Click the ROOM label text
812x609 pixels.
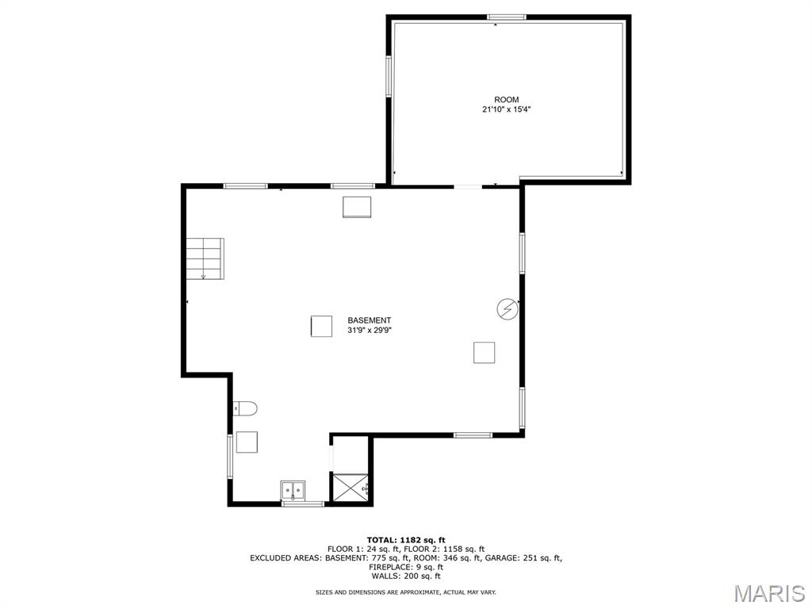pyautogui.click(x=507, y=100)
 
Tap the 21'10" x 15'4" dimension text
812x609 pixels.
pyautogui.click(x=507, y=110)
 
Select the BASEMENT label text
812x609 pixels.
pyautogui.click(x=370, y=320)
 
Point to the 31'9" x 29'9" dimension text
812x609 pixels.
pyautogui.click(x=370, y=331)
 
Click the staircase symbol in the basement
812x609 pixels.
pyautogui.click(x=205, y=259)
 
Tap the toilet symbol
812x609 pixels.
pyautogui.click(x=246, y=408)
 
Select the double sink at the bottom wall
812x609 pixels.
pyautogui.click(x=293, y=491)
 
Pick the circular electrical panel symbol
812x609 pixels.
pyautogui.click(x=507, y=309)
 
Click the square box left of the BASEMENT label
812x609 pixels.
pyautogui.click(x=321, y=326)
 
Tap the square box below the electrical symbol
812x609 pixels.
pyautogui.click(x=484, y=352)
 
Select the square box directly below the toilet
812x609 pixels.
pyautogui.click(x=247, y=442)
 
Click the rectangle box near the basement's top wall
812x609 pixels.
pyautogui.click(x=357, y=206)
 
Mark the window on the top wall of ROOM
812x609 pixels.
pyautogui.click(x=506, y=17)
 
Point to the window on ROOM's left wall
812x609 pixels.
pyautogui.click(x=389, y=75)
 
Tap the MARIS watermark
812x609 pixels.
pyautogui.click(x=768, y=592)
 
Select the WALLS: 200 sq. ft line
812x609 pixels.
pyautogui.click(x=406, y=576)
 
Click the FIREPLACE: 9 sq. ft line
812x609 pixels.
pyautogui.click(x=406, y=567)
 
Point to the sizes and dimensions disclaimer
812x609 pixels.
pyautogui.click(x=406, y=592)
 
